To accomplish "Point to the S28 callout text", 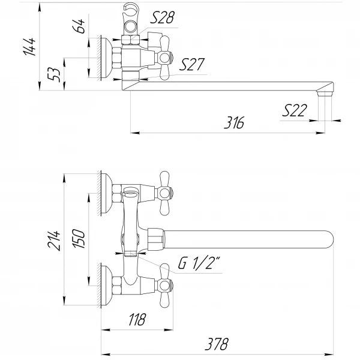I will (162, 18).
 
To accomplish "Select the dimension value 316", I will (235, 123).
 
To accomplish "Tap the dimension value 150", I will (80, 238).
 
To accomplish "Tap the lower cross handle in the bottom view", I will (166, 284).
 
